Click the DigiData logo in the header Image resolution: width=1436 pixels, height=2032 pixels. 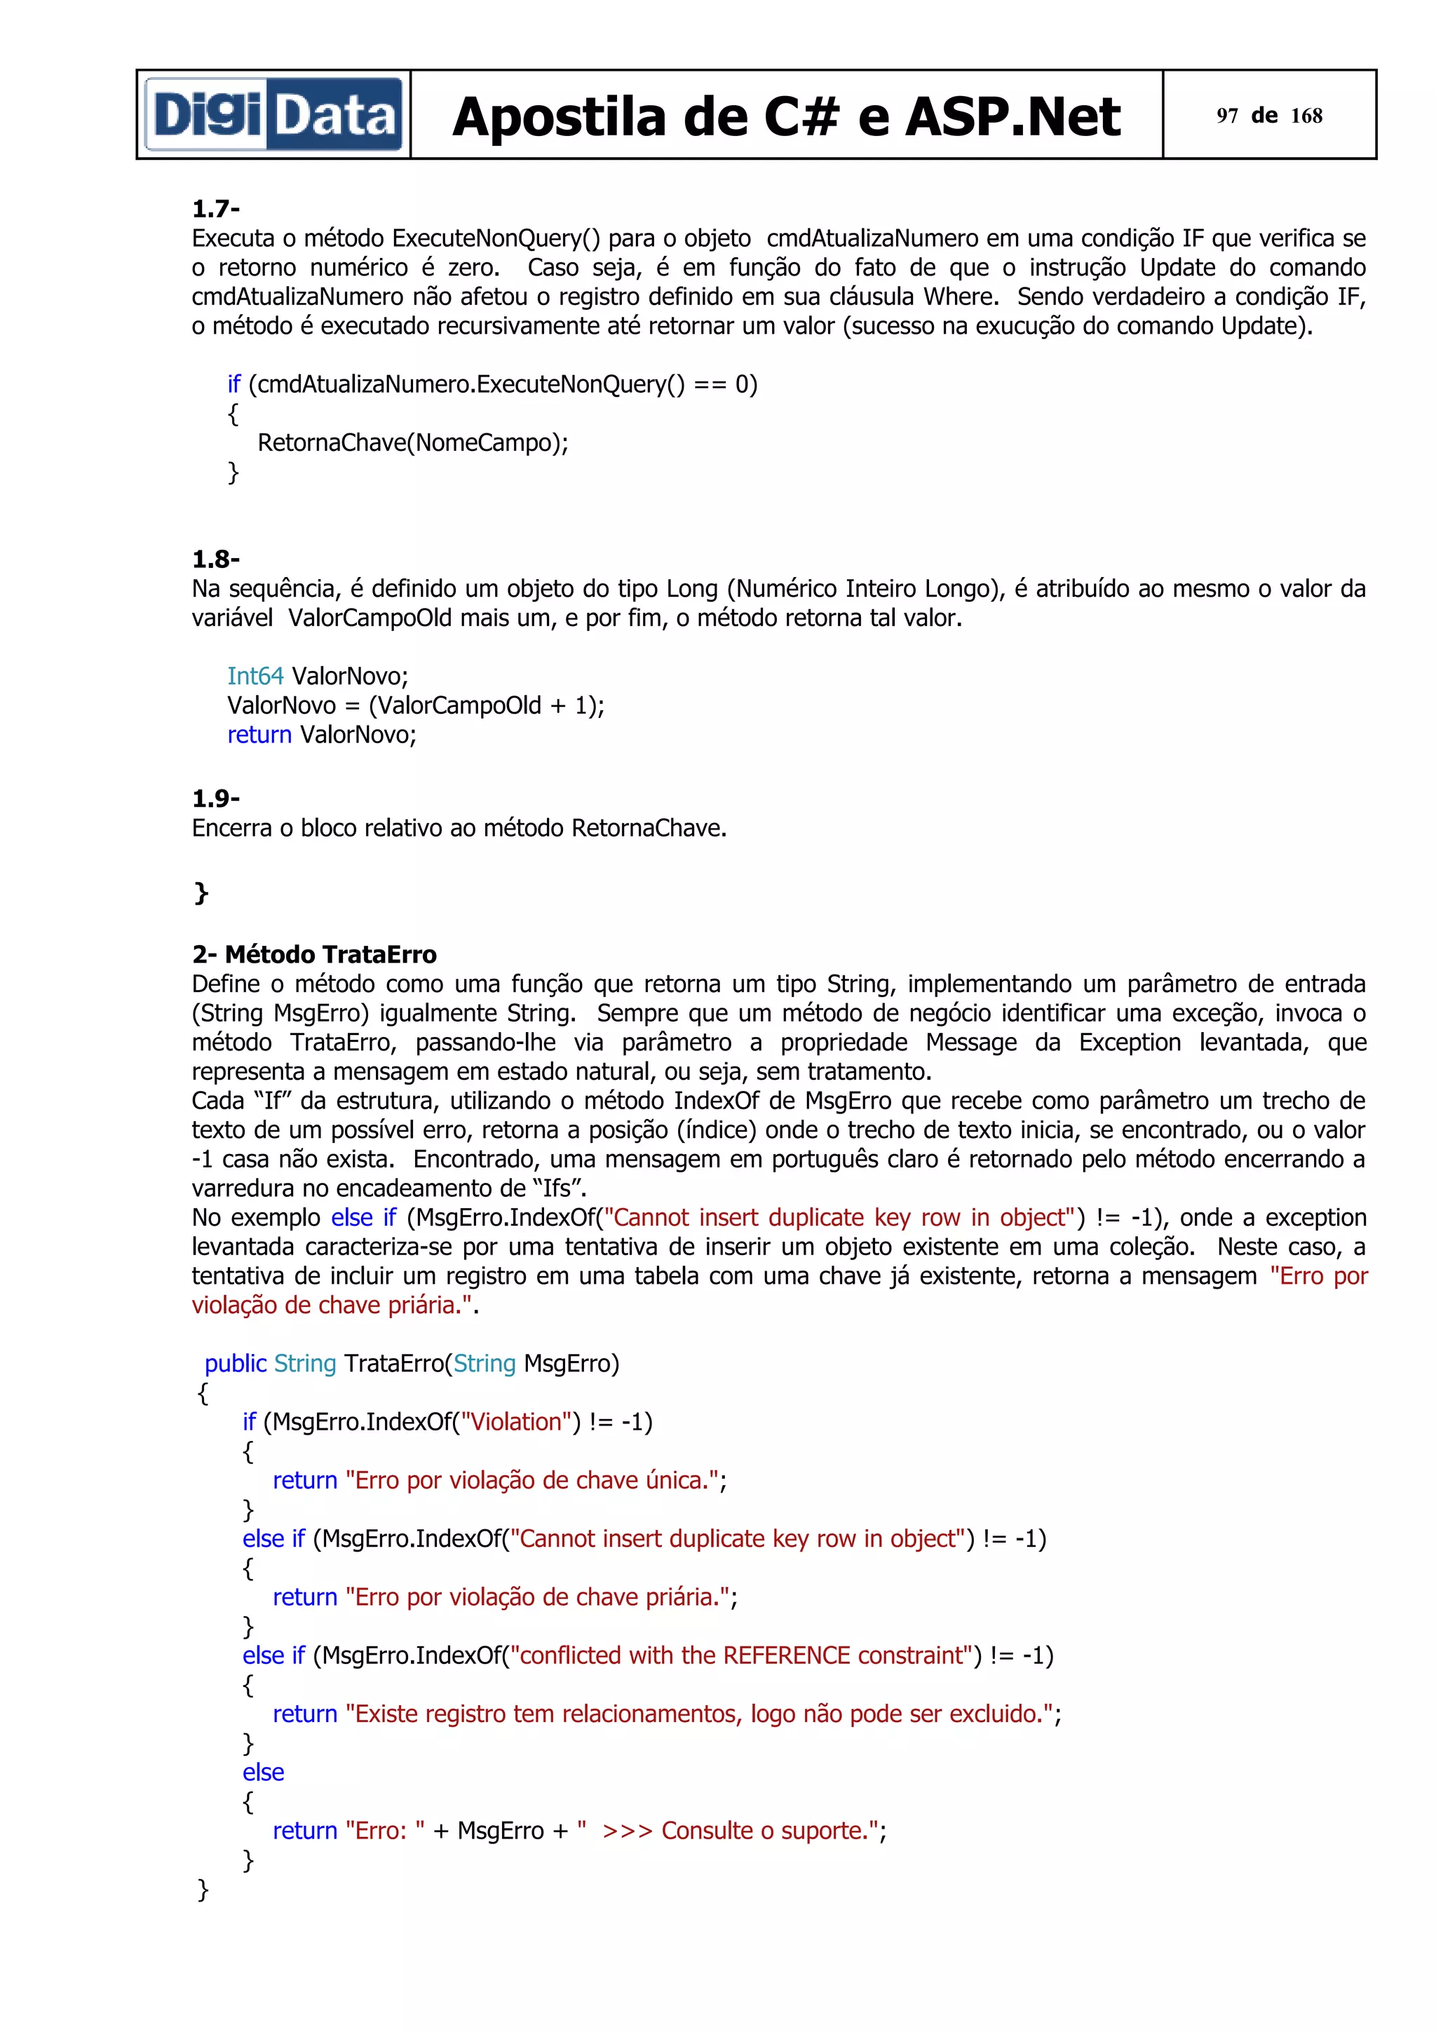273,115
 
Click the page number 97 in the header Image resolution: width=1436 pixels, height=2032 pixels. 1226,116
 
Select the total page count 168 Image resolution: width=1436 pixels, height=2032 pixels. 1306,116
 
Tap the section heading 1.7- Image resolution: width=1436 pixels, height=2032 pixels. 215,209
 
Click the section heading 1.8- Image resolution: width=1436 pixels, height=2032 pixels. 215,560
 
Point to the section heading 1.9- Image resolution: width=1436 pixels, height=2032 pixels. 215,798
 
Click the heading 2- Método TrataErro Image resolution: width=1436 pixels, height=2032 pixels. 314,954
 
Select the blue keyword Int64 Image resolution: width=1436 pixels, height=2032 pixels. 255,676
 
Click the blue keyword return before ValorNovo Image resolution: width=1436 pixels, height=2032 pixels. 258,735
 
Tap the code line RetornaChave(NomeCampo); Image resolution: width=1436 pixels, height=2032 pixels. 412,442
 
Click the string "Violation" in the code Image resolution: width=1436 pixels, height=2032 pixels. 517,1421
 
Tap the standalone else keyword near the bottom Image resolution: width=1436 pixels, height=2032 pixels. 263,1772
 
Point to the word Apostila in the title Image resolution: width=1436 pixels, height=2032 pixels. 558,117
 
